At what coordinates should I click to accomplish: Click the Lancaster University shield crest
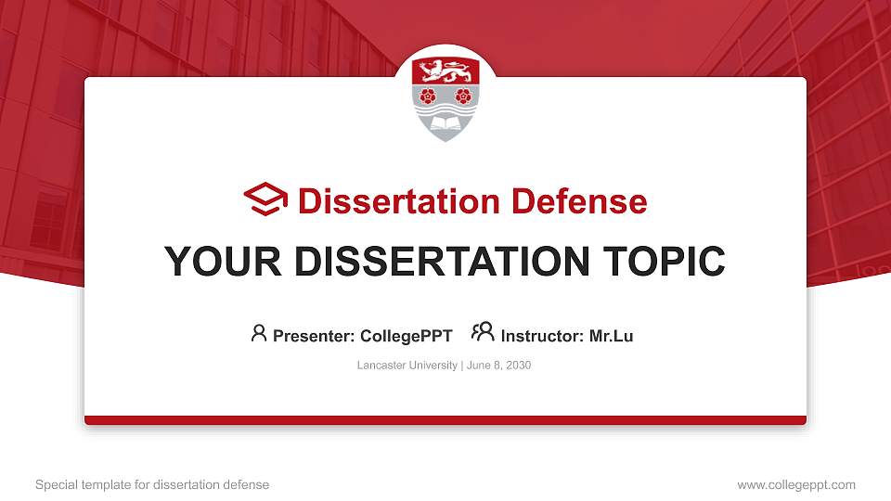(x=445, y=96)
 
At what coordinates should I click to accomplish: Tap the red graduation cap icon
(x=265, y=199)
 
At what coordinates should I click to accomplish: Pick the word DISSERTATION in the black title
(x=435, y=262)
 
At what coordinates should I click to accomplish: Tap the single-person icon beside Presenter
(x=259, y=333)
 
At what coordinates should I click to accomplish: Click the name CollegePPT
(x=406, y=336)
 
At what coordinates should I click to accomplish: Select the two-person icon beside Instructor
(x=483, y=332)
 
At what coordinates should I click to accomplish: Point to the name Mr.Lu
(x=611, y=336)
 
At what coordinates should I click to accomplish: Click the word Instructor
(x=542, y=336)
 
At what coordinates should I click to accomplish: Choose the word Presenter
(x=311, y=336)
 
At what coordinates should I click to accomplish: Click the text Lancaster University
(x=407, y=366)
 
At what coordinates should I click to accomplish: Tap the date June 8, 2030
(x=498, y=366)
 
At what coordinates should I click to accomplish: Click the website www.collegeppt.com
(x=796, y=484)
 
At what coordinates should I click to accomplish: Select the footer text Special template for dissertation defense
(x=152, y=484)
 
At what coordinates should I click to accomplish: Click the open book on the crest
(x=445, y=122)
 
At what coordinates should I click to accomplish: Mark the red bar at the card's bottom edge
(x=445, y=420)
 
